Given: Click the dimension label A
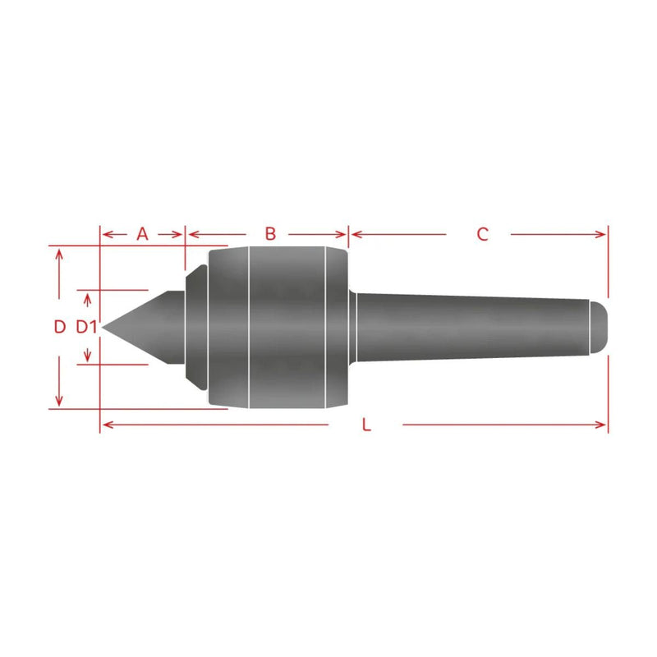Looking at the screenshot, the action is pyautogui.click(x=142, y=234).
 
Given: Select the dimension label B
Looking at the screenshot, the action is pyautogui.click(x=271, y=234).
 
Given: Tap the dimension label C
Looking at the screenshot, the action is pyautogui.click(x=482, y=234).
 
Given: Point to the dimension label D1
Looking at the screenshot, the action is pyautogui.click(x=86, y=327).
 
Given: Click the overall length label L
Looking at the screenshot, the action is pyautogui.click(x=366, y=425).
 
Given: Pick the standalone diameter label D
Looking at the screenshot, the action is pyautogui.click(x=60, y=327).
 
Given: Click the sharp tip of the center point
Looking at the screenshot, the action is pyautogui.click(x=102, y=327).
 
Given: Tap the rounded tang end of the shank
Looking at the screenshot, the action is pyautogui.click(x=599, y=327).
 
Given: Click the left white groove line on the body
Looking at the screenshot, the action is pyautogui.click(x=249, y=327).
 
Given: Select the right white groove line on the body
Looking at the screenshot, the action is pyautogui.click(x=325, y=327).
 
